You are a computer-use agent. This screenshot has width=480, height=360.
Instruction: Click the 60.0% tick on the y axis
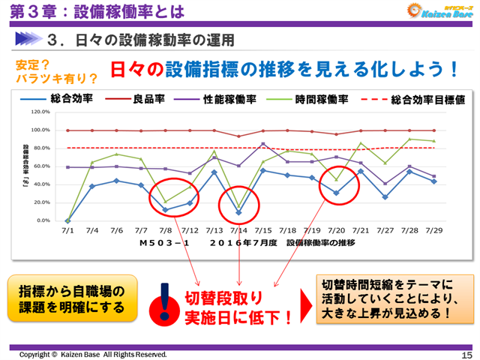39,166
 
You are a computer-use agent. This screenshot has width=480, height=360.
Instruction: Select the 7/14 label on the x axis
238,231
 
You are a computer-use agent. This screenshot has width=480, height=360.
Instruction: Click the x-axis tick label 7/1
68,231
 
